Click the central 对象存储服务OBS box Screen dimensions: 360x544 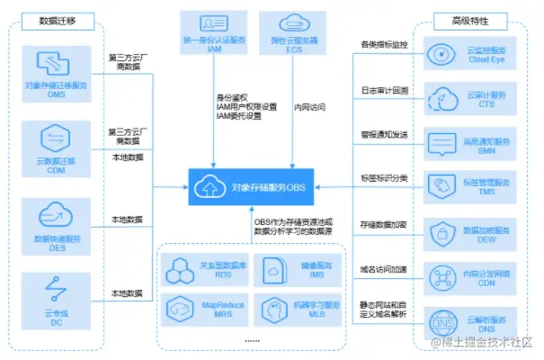pyautogui.click(x=254, y=187)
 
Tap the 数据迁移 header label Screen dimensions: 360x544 pyautogui.click(x=58, y=21)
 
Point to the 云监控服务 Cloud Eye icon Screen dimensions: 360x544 pyautogui.click(x=442, y=51)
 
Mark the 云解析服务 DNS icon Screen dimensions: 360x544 pyautogui.click(x=442, y=319)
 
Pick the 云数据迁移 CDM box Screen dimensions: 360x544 pyautogui.click(x=58, y=146)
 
